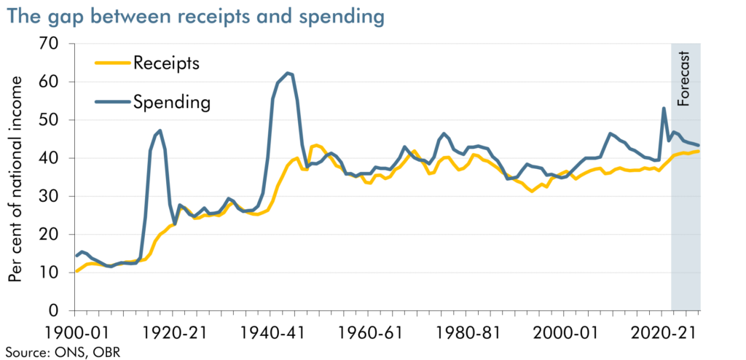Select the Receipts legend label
coord(166,63)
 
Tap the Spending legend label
coord(171,102)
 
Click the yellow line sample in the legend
coord(111,63)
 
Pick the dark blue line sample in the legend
coord(111,103)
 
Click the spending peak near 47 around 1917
coord(160,130)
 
